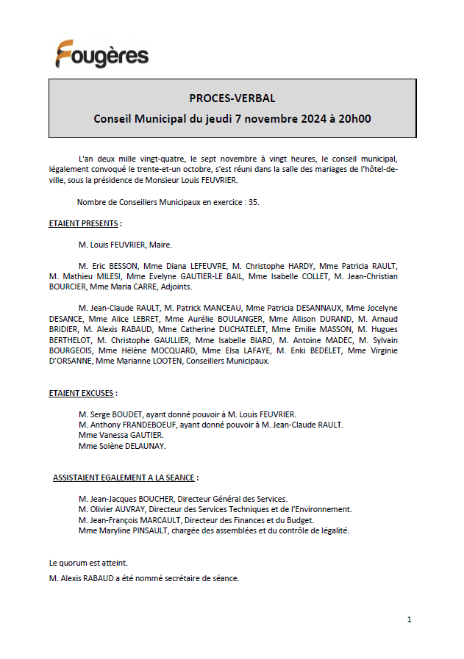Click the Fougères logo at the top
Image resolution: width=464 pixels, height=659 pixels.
tap(101, 54)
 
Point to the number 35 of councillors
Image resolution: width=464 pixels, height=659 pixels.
tap(252, 202)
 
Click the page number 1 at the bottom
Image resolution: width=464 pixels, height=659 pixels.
tap(409, 619)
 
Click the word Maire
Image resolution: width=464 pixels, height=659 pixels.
tap(160, 245)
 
